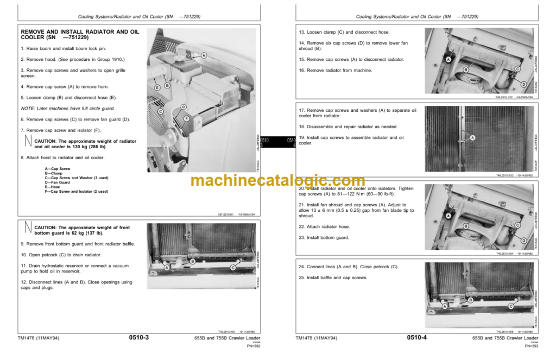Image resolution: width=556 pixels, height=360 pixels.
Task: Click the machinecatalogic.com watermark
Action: [x=277, y=181]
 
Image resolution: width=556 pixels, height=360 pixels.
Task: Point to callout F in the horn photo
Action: [x=186, y=118]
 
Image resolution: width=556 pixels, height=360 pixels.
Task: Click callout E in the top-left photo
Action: [x=157, y=87]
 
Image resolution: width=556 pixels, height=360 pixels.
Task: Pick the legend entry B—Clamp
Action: [x=55, y=173]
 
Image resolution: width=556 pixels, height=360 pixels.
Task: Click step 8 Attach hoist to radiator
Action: [x=62, y=157]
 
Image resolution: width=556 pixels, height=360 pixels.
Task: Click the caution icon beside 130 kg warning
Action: [x=26, y=143]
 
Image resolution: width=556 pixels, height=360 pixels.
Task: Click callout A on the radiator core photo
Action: [x=472, y=138]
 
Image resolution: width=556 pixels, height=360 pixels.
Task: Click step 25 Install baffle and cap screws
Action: [x=333, y=277]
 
